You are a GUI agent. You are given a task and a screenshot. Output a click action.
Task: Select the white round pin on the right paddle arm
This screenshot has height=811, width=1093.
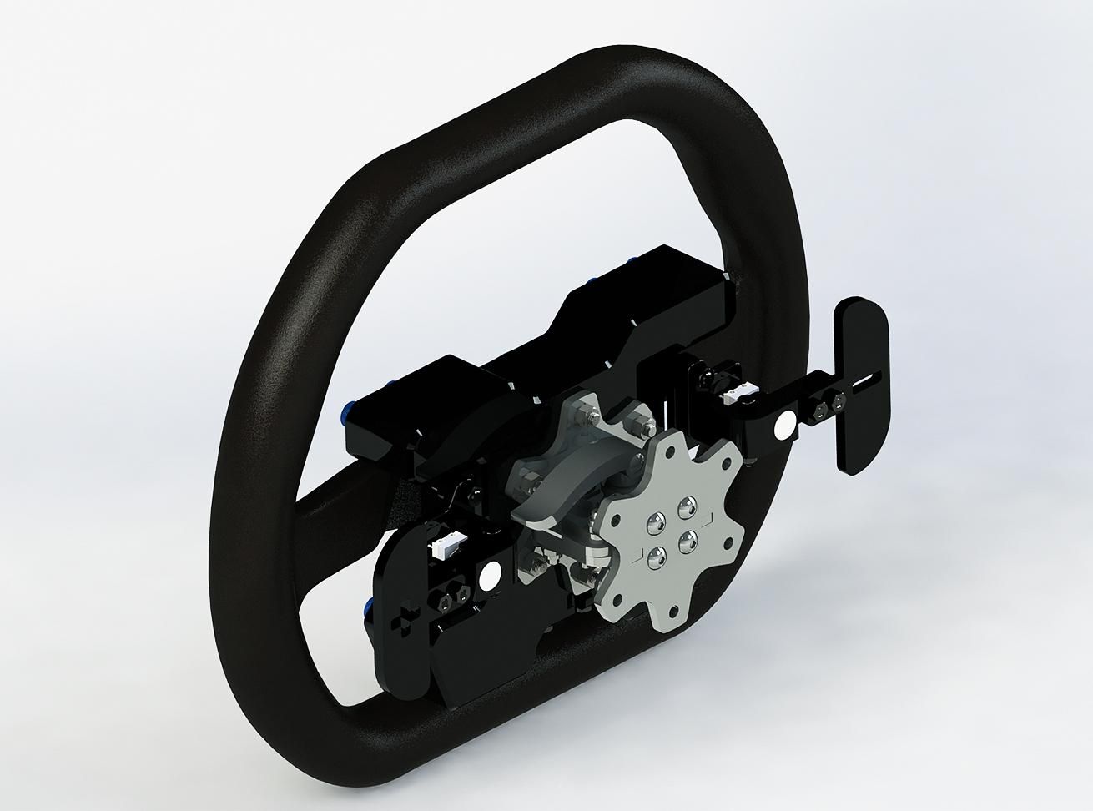(785, 426)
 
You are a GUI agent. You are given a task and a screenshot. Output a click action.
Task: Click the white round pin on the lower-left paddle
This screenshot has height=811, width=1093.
(489, 576)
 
